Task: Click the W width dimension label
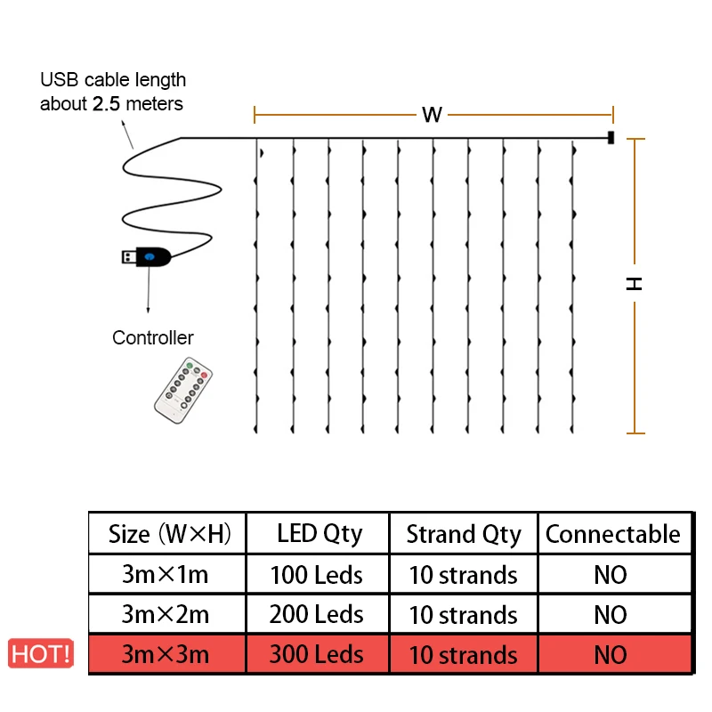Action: coord(433,115)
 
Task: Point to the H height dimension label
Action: coord(634,284)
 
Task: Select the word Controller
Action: coord(152,337)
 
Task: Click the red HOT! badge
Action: coord(41,654)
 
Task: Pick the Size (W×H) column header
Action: coord(169,534)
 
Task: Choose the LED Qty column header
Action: coord(319,534)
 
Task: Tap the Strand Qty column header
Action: coord(463,534)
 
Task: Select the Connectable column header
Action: coord(612,534)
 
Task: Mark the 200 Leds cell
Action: coord(317,614)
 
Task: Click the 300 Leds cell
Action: coord(317,654)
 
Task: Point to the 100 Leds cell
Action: coord(317,574)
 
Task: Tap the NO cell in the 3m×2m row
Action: coord(611,614)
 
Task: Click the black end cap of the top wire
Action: coord(611,138)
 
